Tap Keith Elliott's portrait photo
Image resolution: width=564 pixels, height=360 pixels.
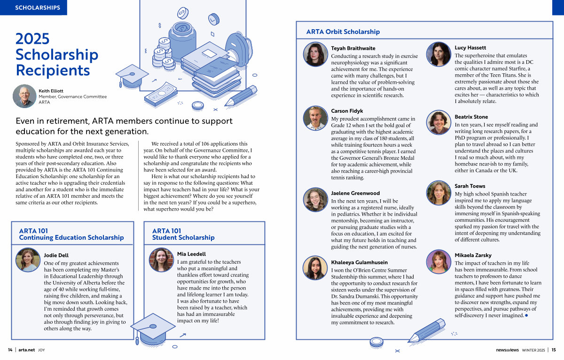click(24, 96)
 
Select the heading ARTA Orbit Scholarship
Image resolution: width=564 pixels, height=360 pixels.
click(343, 32)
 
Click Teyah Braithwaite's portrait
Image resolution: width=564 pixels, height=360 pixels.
click(315, 54)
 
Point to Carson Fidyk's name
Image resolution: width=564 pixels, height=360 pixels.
click(347, 111)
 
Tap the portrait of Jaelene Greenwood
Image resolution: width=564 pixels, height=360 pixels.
click(315, 199)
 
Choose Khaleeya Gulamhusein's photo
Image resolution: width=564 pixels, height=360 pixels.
click(315, 268)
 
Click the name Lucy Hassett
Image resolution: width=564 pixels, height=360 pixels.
click(470, 48)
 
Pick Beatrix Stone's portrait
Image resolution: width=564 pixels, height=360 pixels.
click(439, 123)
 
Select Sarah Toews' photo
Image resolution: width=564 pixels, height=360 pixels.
click(439, 192)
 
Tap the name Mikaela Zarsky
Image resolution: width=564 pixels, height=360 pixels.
click(473, 255)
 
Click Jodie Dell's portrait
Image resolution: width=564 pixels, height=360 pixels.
click(28, 260)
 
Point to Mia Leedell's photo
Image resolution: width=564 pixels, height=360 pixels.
click(161, 259)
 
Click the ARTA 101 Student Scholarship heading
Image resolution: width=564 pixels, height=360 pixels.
click(183, 234)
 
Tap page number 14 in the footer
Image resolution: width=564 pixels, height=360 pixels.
click(10, 350)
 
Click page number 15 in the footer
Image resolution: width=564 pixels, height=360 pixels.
click(554, 350)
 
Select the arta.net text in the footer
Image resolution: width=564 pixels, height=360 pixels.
click(27, 350)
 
